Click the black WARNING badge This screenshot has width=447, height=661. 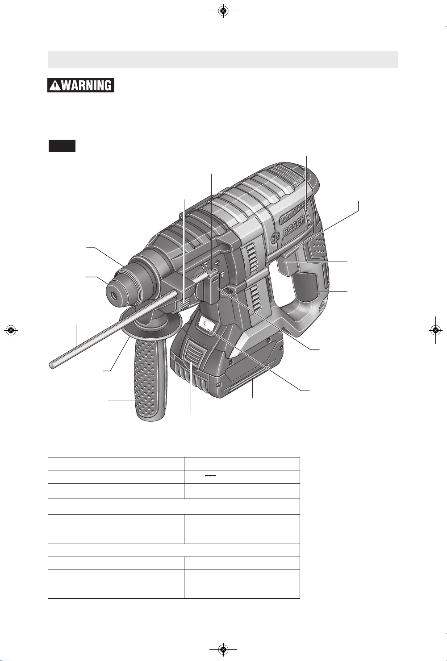(x=80, y=86)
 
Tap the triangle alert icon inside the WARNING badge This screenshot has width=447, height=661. (x=54, y=86)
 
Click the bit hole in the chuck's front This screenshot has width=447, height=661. (x=113, y=294)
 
